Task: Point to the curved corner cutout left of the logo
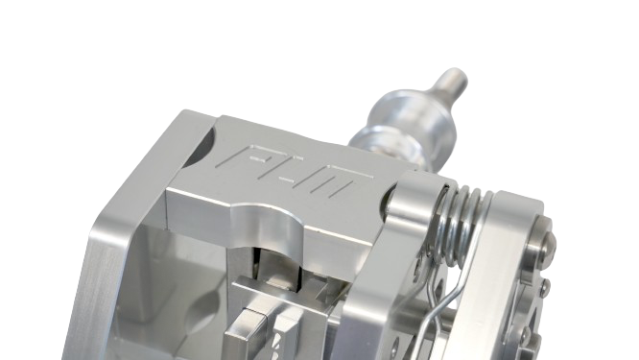click(202, 143)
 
